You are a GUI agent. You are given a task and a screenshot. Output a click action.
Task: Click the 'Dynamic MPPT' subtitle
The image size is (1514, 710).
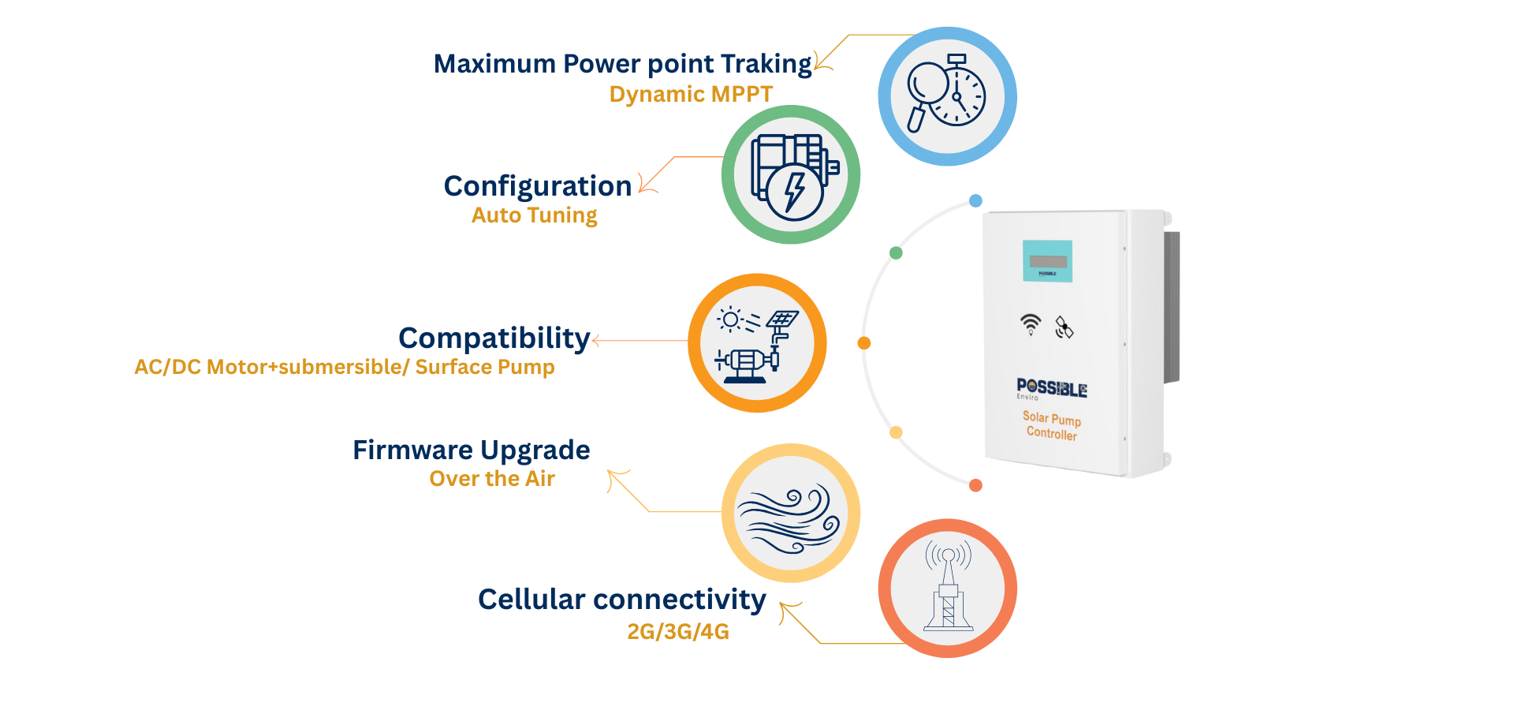[691, 94]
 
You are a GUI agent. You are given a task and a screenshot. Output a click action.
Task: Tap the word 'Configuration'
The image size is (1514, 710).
[538, 186]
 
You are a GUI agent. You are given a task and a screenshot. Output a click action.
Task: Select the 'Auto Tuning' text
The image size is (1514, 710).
[534, 215]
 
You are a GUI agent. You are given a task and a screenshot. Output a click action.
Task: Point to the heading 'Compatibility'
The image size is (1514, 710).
[494, 338]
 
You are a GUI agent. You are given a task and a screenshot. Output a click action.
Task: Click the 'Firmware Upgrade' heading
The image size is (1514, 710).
[471, 450]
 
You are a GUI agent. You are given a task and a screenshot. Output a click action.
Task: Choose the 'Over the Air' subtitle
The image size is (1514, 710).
[492, 478]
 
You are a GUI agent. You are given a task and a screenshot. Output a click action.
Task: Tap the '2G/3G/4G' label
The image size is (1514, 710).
[678, 631]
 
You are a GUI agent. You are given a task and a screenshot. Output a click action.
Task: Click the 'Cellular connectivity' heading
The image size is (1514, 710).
[622, 600]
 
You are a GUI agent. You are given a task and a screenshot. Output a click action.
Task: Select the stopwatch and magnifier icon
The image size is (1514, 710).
[947, 95]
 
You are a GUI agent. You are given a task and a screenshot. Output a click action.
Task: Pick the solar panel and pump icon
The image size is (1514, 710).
[757, 343]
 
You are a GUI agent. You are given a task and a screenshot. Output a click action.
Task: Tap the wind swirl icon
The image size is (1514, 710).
[790, 514]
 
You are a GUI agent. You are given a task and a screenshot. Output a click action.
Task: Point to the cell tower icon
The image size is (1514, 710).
[948, 589]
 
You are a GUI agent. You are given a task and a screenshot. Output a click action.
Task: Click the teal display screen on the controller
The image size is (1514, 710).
[1047, 261]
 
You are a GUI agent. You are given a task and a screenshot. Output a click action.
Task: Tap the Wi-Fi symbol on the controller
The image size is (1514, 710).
[1031, 323]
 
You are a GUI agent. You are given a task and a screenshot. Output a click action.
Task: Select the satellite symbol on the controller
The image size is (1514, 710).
[1064, 327]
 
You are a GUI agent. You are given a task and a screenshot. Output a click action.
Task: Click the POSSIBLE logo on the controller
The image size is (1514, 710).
[1052, 388]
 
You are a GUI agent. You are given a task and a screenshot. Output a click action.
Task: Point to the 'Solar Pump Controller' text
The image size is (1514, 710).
[1052, 425]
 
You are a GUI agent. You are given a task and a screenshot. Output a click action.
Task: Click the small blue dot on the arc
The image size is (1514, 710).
[975, 200]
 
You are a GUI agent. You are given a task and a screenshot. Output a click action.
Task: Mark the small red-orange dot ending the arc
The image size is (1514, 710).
[975, 485]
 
